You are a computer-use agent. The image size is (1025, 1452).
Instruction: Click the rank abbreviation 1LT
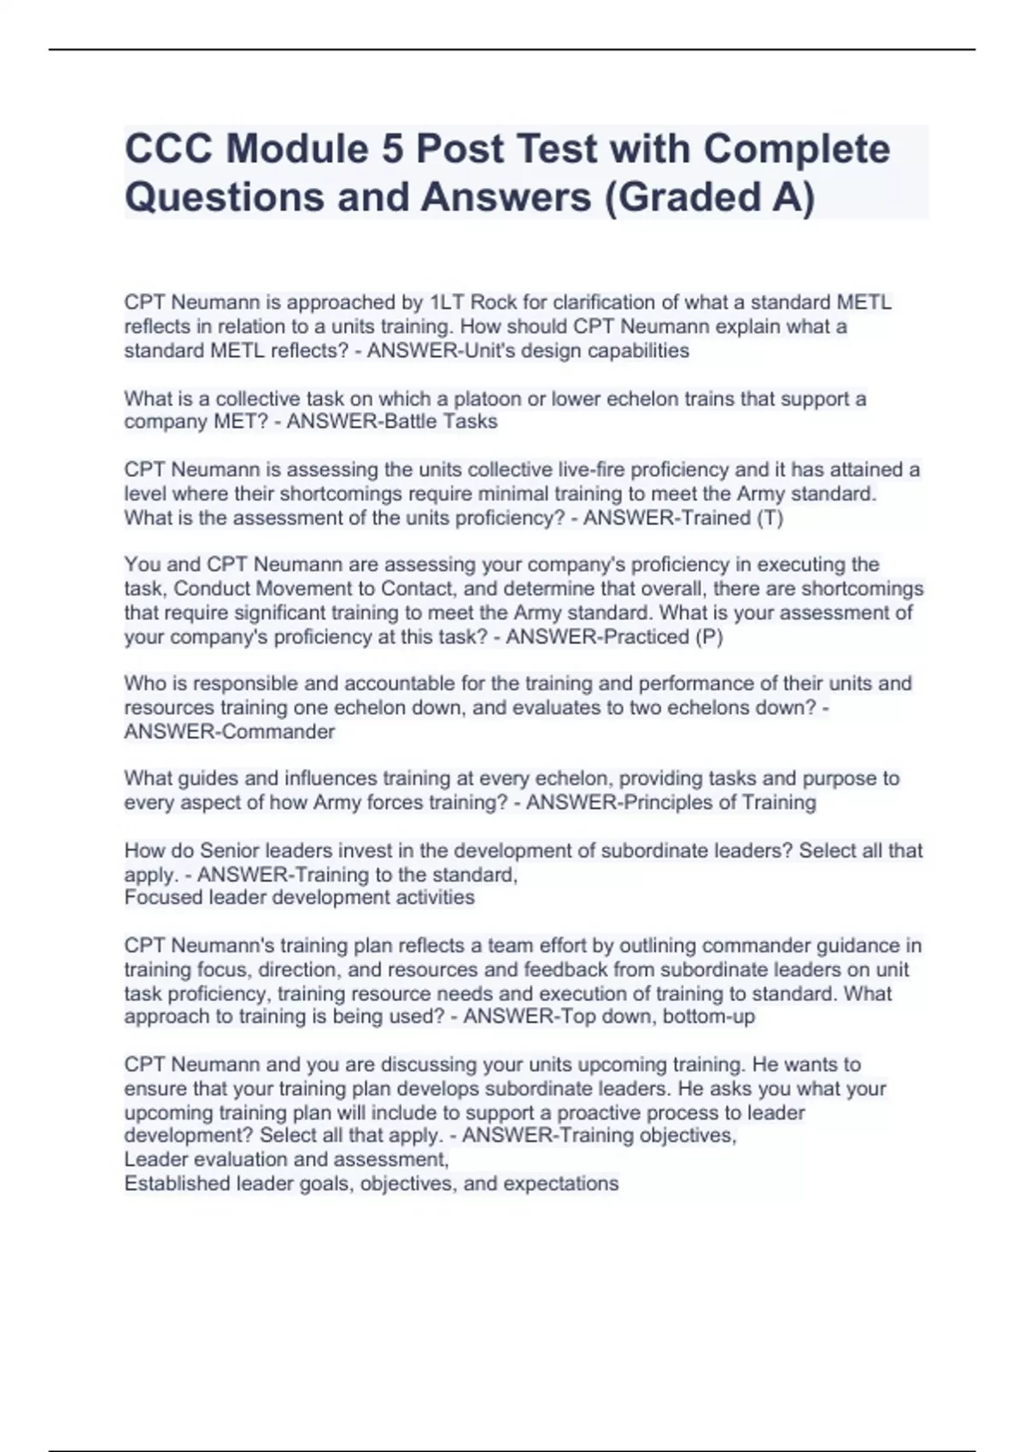447,302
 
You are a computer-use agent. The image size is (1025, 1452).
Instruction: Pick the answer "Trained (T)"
729,518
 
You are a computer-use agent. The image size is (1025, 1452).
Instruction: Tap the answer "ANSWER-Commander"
230,731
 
